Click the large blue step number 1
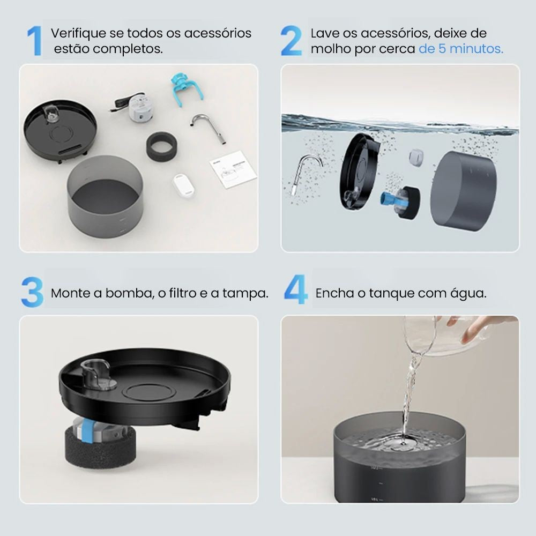pos(34,41)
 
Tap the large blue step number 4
pos(295,291)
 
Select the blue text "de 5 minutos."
pos(461,49)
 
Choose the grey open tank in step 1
pos(106,198)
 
